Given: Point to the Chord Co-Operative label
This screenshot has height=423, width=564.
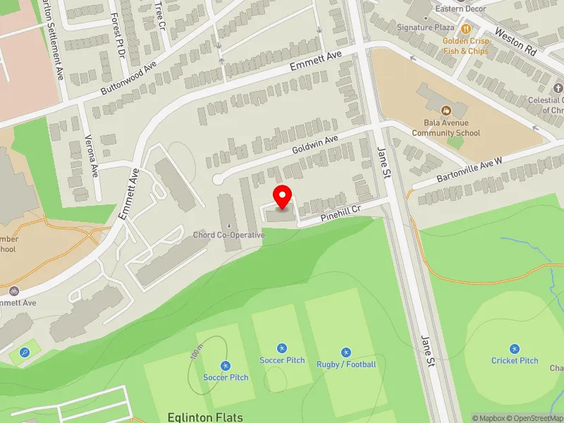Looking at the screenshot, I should pos(229,235).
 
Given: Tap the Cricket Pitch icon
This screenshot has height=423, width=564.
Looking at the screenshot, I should pos(515,349).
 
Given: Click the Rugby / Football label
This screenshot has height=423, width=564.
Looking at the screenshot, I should pos(345,364).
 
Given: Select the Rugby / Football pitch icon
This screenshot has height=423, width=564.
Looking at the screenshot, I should pos(345,352).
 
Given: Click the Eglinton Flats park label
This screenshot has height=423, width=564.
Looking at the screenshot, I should pos(205,417).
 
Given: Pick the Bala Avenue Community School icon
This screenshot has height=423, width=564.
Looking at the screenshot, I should pos(446,111).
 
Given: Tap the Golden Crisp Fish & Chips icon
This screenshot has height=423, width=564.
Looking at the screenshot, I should pos(465,29).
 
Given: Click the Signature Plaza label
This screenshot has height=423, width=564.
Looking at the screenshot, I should pos(425,27).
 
